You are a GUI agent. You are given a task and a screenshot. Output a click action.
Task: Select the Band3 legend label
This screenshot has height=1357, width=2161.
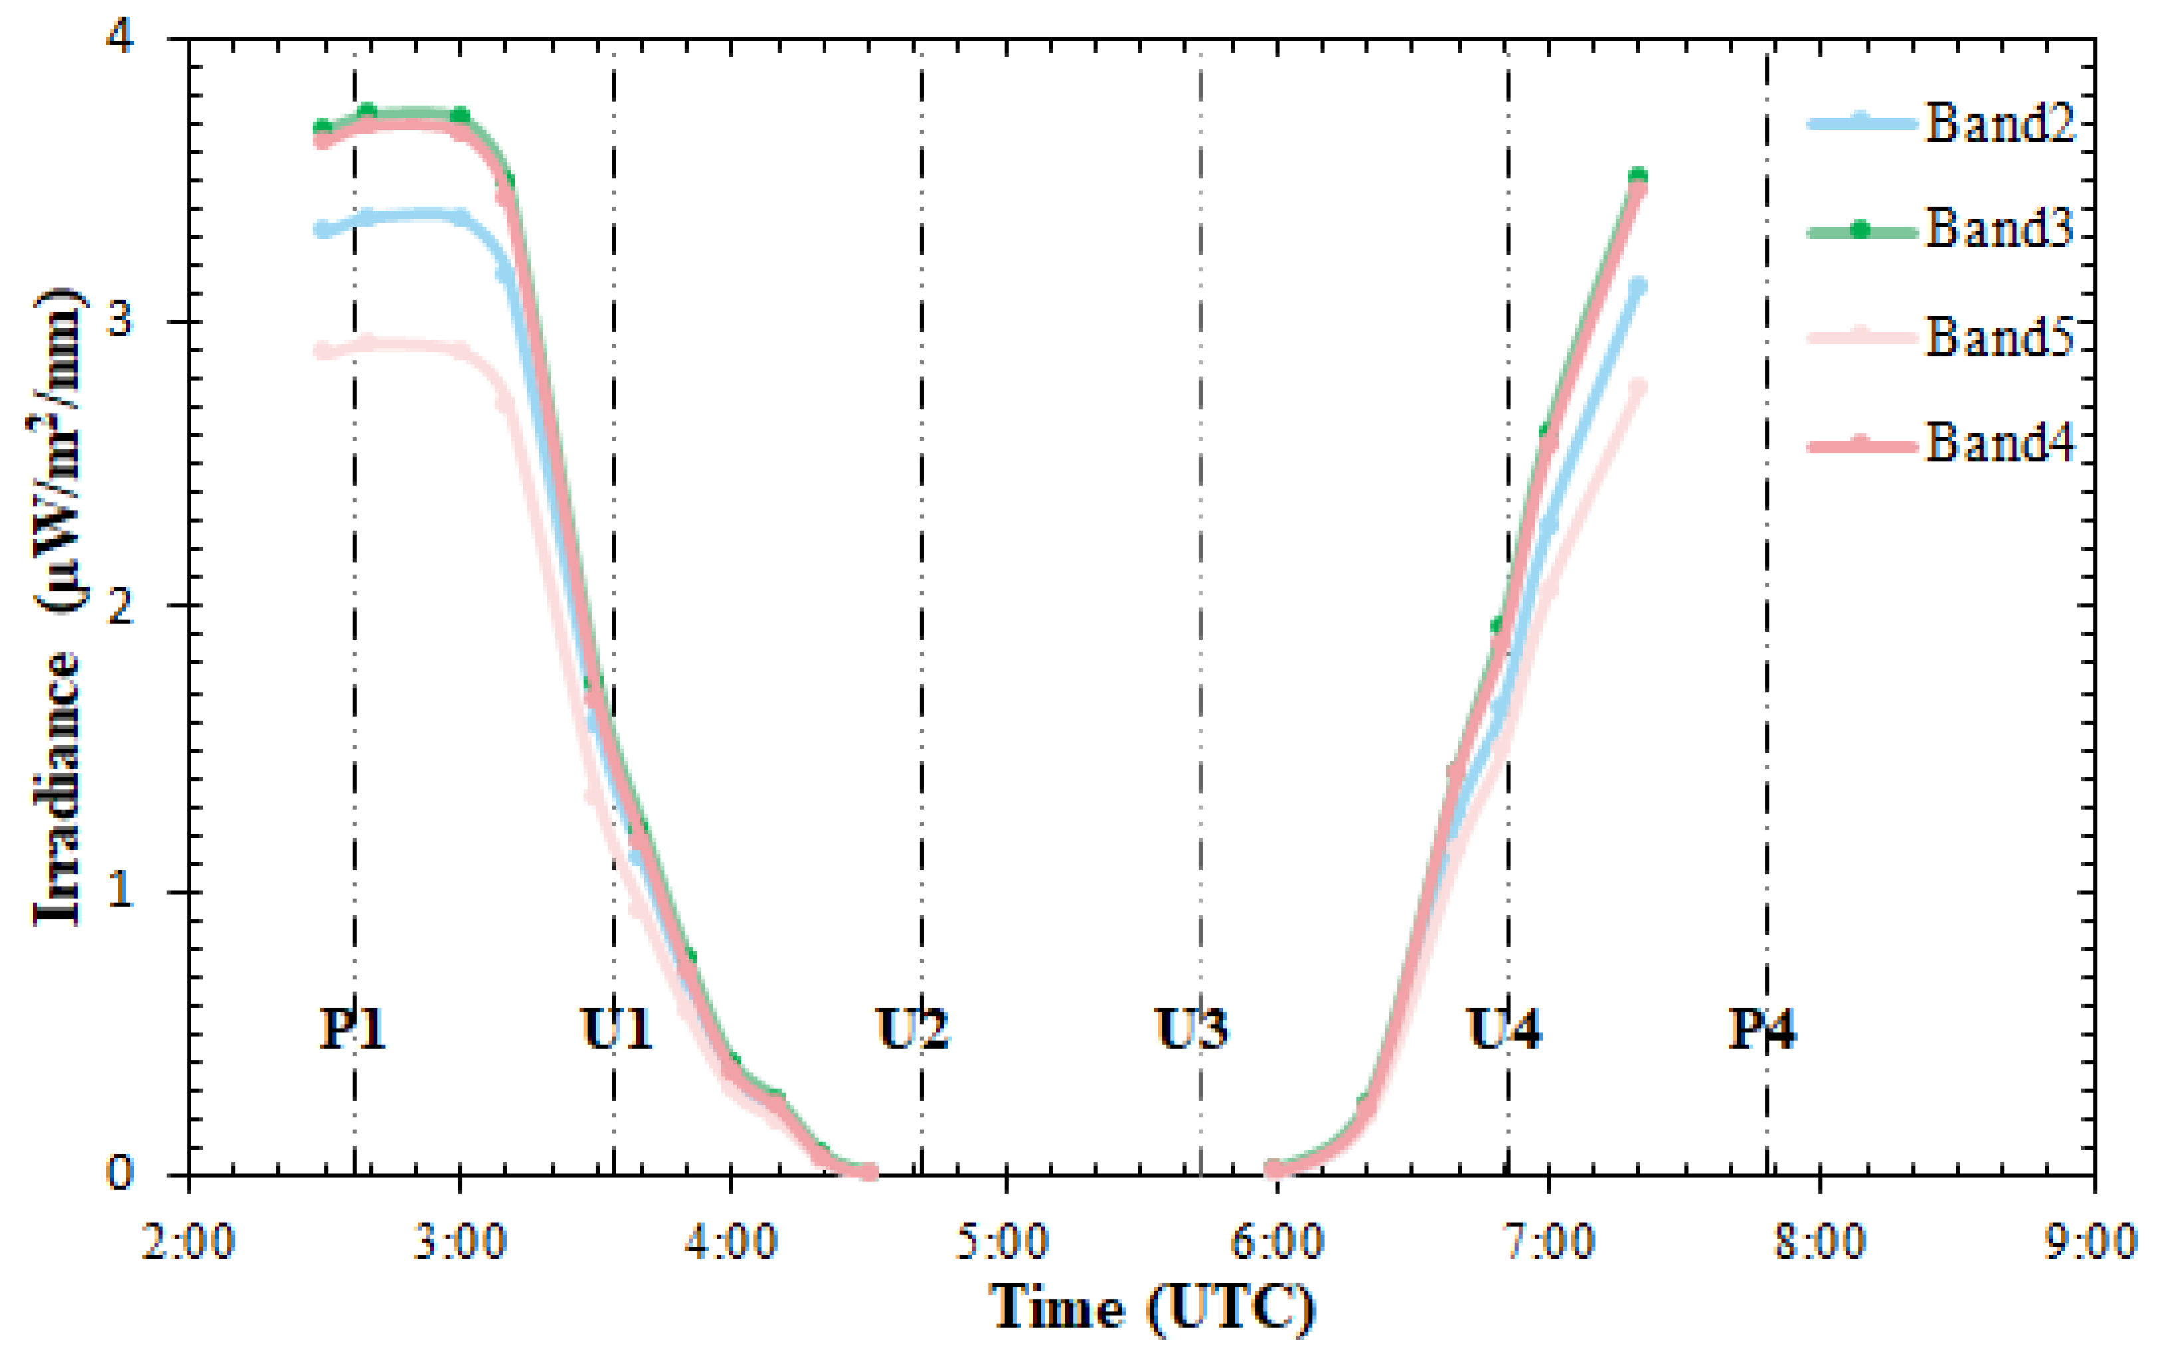coord(1999,229)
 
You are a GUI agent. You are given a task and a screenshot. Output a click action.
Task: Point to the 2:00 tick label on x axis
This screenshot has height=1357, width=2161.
coord(188,1243)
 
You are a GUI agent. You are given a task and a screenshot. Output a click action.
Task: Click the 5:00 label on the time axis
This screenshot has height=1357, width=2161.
coord(1003,1243)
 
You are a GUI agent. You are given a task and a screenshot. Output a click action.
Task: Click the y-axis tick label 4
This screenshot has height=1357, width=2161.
coord(120,41)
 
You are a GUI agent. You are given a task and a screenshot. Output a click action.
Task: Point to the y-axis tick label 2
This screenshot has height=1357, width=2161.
coord(120,606)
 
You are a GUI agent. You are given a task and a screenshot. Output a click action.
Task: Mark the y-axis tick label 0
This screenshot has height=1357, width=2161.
coord(120,1172)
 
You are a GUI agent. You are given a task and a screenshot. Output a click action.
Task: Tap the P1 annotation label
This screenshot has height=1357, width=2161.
coord(352,1028)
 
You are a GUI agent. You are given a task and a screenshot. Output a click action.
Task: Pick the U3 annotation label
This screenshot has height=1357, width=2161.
coord(1191,1028)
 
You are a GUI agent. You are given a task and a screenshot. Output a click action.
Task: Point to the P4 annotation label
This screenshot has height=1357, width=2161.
coord(1761,1028)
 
